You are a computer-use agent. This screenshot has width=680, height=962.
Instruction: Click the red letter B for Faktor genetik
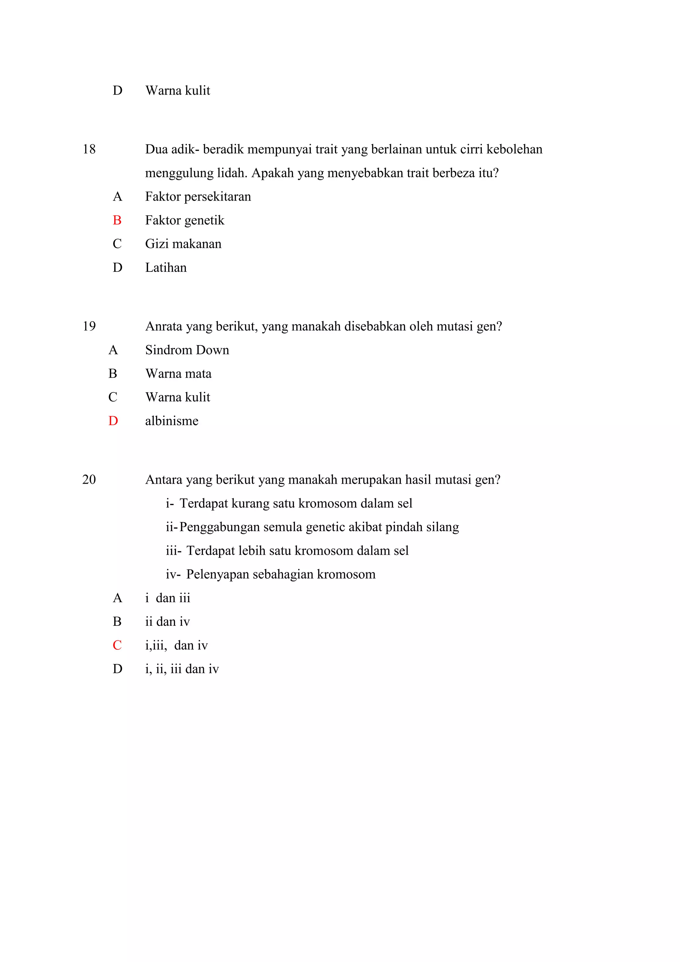[x=117, y=220]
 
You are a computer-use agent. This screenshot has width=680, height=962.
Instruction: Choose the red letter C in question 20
[x=117, y=645]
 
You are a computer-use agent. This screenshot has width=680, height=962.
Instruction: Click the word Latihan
[x=166, y=268]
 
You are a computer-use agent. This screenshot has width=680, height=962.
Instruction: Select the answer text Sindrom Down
[x=187, y=350]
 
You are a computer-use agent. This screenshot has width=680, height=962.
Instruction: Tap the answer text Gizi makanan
[x=183, y=244]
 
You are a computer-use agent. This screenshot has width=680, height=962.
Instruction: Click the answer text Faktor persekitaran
[x=198, y=197]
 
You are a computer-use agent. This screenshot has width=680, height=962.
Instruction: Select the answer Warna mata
[x=178, y=374]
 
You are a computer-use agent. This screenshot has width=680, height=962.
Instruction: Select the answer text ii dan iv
[x=167, y=622]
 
